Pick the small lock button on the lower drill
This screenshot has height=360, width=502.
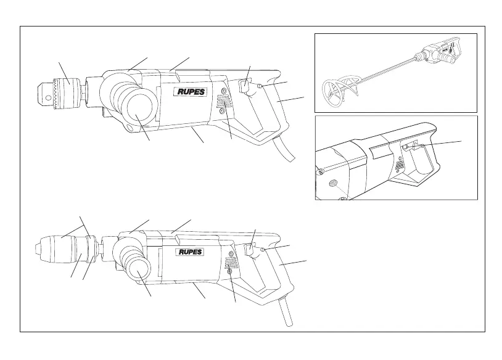263,249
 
